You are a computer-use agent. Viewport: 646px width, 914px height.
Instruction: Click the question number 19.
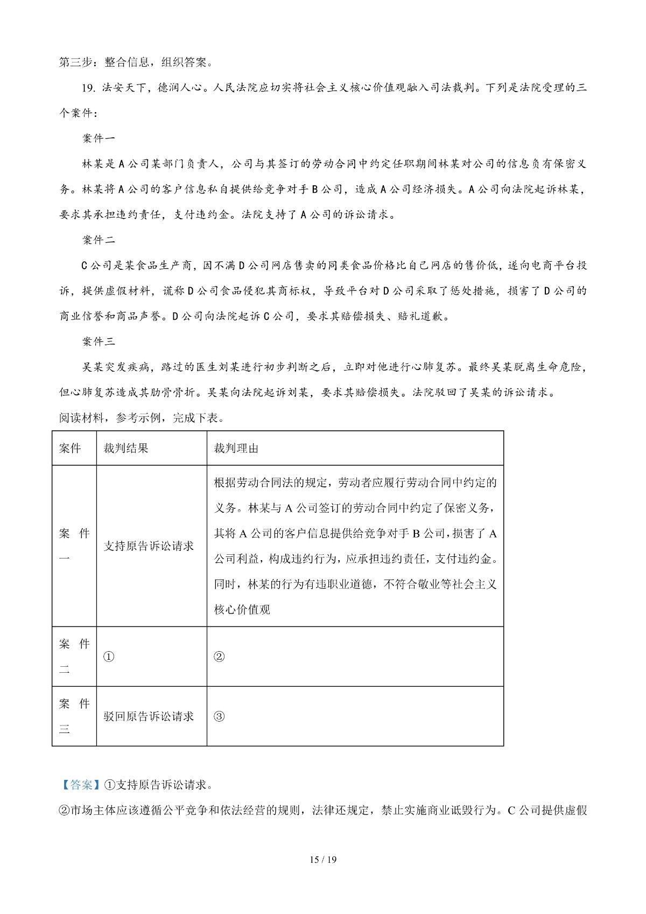point(88,88)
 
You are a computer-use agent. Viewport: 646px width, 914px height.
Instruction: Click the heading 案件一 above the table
point(99,138)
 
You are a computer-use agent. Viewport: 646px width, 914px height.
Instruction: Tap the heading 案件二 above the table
point(99,240)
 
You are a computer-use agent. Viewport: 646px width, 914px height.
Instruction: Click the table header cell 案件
point(70,448)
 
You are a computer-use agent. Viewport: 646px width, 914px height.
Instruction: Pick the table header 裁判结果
point(125,448)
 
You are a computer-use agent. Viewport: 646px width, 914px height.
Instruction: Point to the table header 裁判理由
point(236,448)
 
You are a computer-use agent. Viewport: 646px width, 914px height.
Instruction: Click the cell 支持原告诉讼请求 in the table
point(148,546)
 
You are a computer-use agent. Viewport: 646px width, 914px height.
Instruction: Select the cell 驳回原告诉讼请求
point(148,716)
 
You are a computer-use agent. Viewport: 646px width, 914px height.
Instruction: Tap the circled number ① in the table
point(109,657)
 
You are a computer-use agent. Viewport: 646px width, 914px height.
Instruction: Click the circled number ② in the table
point(219,657)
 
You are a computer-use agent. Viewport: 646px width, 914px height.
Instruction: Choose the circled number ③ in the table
point(219,716)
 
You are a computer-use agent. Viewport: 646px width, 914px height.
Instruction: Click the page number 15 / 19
point(323,859)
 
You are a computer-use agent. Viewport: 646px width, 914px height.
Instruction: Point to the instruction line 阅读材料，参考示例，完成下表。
point(141,418)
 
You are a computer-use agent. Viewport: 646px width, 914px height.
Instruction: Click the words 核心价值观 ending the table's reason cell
point(242,610)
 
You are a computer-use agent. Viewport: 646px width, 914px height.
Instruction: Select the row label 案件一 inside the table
point(74,546)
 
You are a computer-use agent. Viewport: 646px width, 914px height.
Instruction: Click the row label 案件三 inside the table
point(74,716)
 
